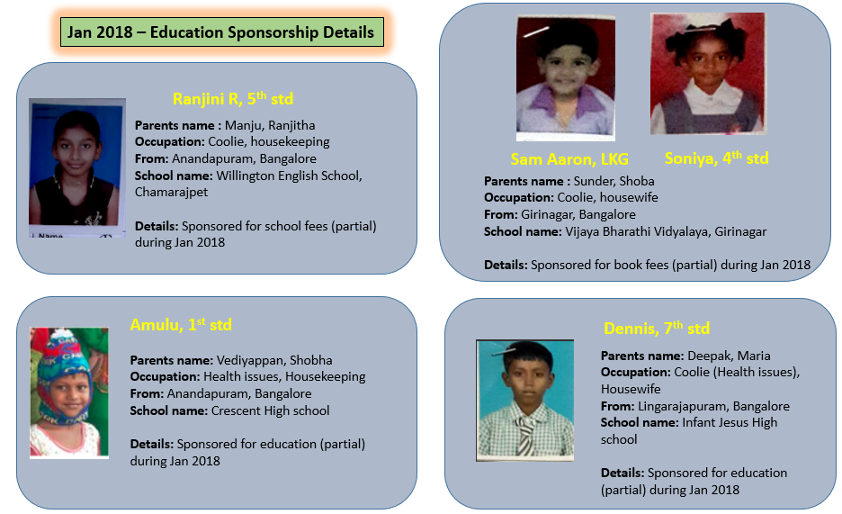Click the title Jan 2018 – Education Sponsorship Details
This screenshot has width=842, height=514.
[220, 33]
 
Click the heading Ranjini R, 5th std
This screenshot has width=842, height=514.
[232, 99]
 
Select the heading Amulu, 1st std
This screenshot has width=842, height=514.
[181, 325]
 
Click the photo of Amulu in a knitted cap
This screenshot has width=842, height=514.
[69, 392]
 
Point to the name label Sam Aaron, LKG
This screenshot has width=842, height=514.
[569, 159]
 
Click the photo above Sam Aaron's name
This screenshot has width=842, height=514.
[566, 77]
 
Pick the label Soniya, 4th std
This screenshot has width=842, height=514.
[716, 158]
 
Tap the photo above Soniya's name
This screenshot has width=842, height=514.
[707, 74]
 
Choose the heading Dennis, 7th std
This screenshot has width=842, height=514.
[657, 328]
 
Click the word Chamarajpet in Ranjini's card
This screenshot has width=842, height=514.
[171, 192]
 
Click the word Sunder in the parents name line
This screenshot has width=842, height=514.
[586, 181]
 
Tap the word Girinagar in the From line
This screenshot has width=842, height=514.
[551, 214]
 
